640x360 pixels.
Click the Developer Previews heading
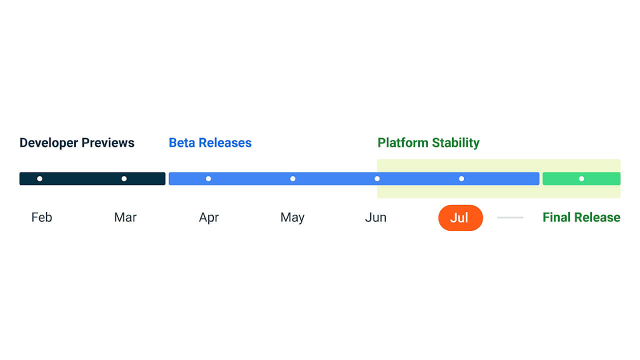(77, 143)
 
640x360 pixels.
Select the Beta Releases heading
(210, 143)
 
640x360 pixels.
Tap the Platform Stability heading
(428, 143)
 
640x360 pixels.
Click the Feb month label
(41, 217)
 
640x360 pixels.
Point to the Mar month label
(125, 217)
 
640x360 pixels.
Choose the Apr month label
(209, 217)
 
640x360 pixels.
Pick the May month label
(292, 217)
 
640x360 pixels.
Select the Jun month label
(375, 217)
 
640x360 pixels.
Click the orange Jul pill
(460, 218)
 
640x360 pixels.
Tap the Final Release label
(581, 217)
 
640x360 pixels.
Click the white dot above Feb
(39, 178)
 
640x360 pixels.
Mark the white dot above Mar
(124, 178)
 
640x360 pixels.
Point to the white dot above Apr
(208, 178)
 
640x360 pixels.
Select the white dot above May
(293, 178)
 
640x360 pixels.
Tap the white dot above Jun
(377, 178)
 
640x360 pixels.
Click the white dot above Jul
(461, 178)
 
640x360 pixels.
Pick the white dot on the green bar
(581, 178)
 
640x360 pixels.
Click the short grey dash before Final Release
(510, 217)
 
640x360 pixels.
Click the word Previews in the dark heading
(108, 143)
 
